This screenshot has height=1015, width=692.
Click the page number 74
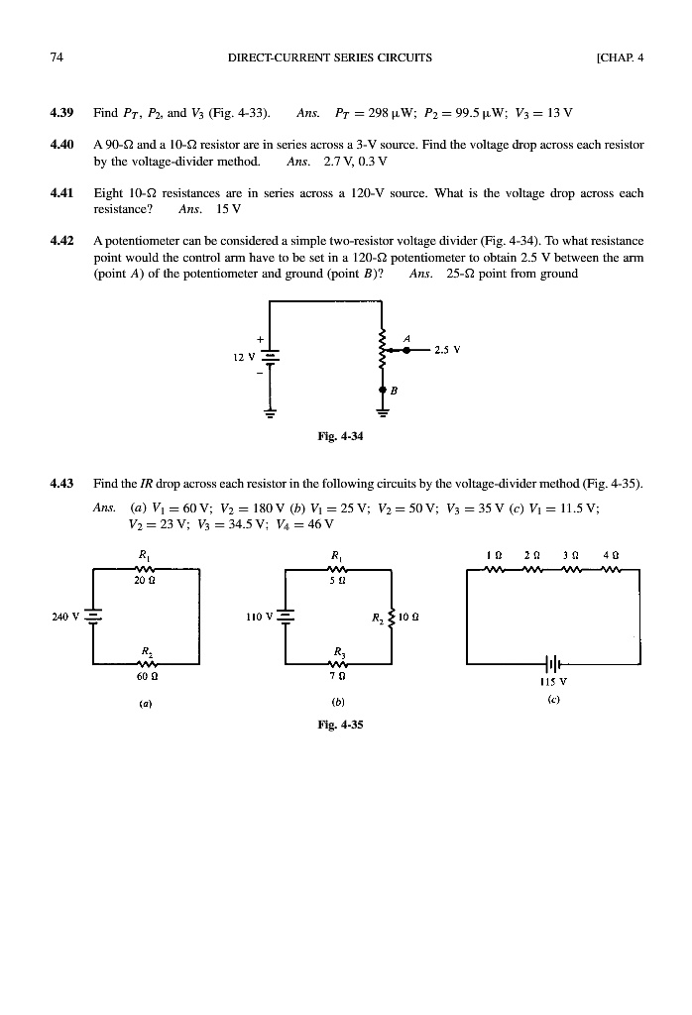pyautogui.click(x=56, y=57)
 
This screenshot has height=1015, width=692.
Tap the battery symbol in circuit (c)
pyautogui.click(x=552, y=663)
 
